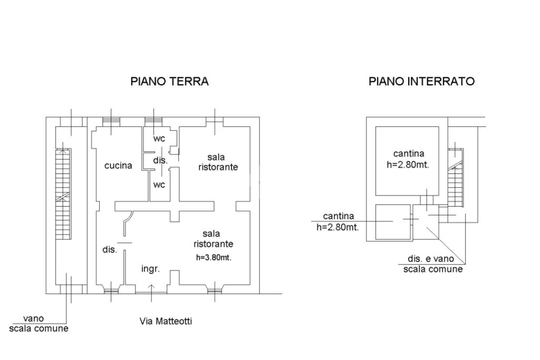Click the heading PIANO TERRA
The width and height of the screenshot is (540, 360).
click(169, 81)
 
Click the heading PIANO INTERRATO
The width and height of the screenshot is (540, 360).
click(421, 81)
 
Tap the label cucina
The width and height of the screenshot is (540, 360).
click(118, 166)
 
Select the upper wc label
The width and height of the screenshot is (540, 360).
click(159, 139)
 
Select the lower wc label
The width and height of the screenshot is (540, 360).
click(159, 184)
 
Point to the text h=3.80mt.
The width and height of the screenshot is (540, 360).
click(214, 258)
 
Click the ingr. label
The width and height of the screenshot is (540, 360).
click(150, 269)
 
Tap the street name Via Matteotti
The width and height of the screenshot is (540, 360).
click(166, 320)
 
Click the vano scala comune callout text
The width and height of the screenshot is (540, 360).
click(38, 323)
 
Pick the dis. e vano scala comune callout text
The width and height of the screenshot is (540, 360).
click(433, 264)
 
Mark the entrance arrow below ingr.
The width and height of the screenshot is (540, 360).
click(151, 289)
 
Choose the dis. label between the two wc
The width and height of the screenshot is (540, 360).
click(160, 161)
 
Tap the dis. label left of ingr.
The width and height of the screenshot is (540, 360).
click(109, 250)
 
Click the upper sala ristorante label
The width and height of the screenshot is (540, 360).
click(218, 162)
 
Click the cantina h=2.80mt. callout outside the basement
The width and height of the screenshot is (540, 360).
click(337, 221)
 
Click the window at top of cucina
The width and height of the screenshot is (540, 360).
click(111, 121)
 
